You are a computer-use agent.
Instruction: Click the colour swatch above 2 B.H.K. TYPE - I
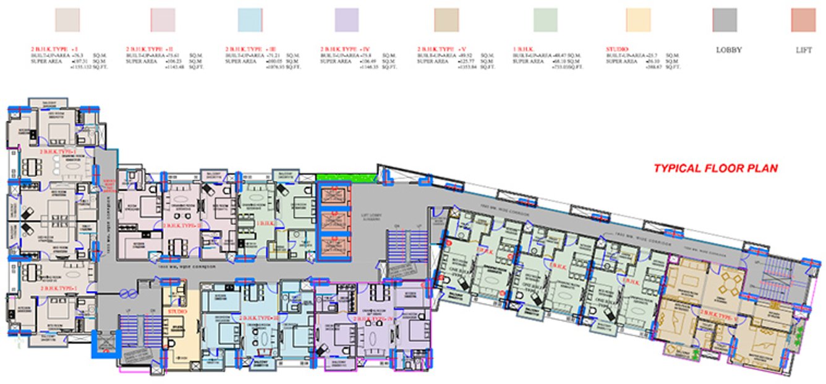click(x=67, y=20)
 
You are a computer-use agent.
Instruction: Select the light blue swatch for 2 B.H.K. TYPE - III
click(x=251, y=20)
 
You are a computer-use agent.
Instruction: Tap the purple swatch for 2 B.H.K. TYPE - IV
click(x=346, y=20)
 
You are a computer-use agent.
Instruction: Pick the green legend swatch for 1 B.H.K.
click(x=545, y=20)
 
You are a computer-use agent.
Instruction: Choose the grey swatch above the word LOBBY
click(x=725, y=20)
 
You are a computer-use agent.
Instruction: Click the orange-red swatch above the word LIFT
click(x=803, y=20)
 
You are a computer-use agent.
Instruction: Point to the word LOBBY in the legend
click(x=728, y=49)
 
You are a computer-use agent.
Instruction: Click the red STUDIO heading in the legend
click(x=617, y=48)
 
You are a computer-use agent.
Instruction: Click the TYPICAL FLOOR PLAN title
click(x=715, y=168)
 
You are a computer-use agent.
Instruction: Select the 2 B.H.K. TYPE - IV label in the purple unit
click(x=370, y=318)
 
